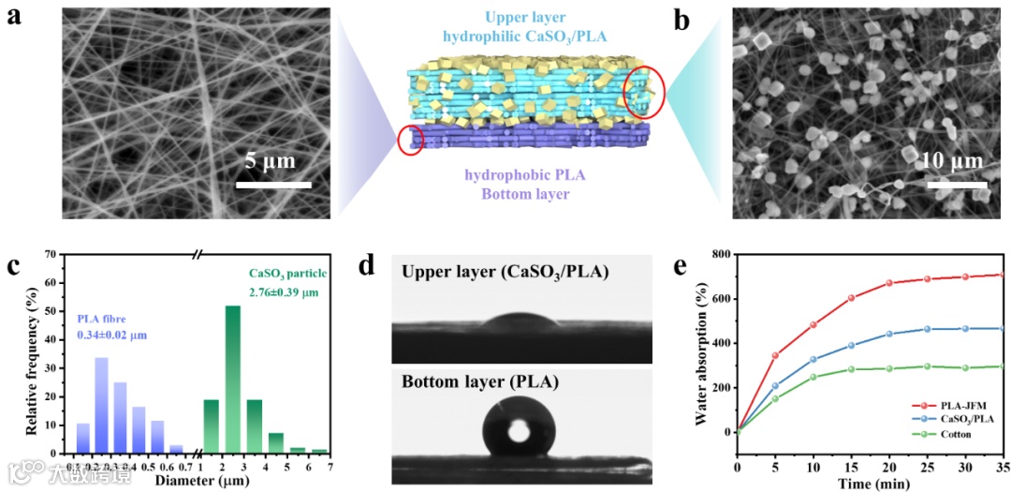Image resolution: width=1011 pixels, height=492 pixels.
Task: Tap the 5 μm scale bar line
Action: point(273,184)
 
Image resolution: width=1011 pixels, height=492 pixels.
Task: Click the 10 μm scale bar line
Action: point(958,184)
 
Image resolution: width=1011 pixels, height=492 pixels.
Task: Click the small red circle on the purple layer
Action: point(411,140)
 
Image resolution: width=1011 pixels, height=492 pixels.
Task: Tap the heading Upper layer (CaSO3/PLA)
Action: point(505,272)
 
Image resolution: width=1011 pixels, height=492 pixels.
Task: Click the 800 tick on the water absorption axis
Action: point(721,254)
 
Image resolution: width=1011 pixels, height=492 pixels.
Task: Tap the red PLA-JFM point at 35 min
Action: point(1001,276)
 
